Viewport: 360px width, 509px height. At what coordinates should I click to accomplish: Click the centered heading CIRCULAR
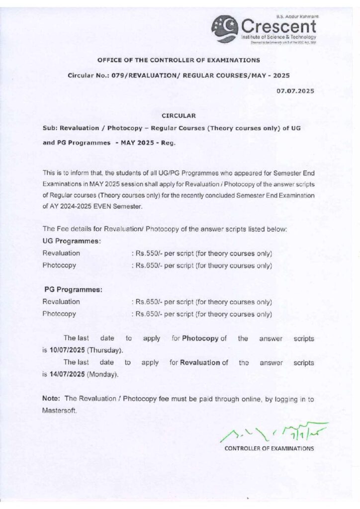click(179, 116)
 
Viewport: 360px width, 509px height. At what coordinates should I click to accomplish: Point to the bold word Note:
click(51, 399)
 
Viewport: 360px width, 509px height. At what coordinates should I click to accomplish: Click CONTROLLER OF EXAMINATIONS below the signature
click(269, 449)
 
